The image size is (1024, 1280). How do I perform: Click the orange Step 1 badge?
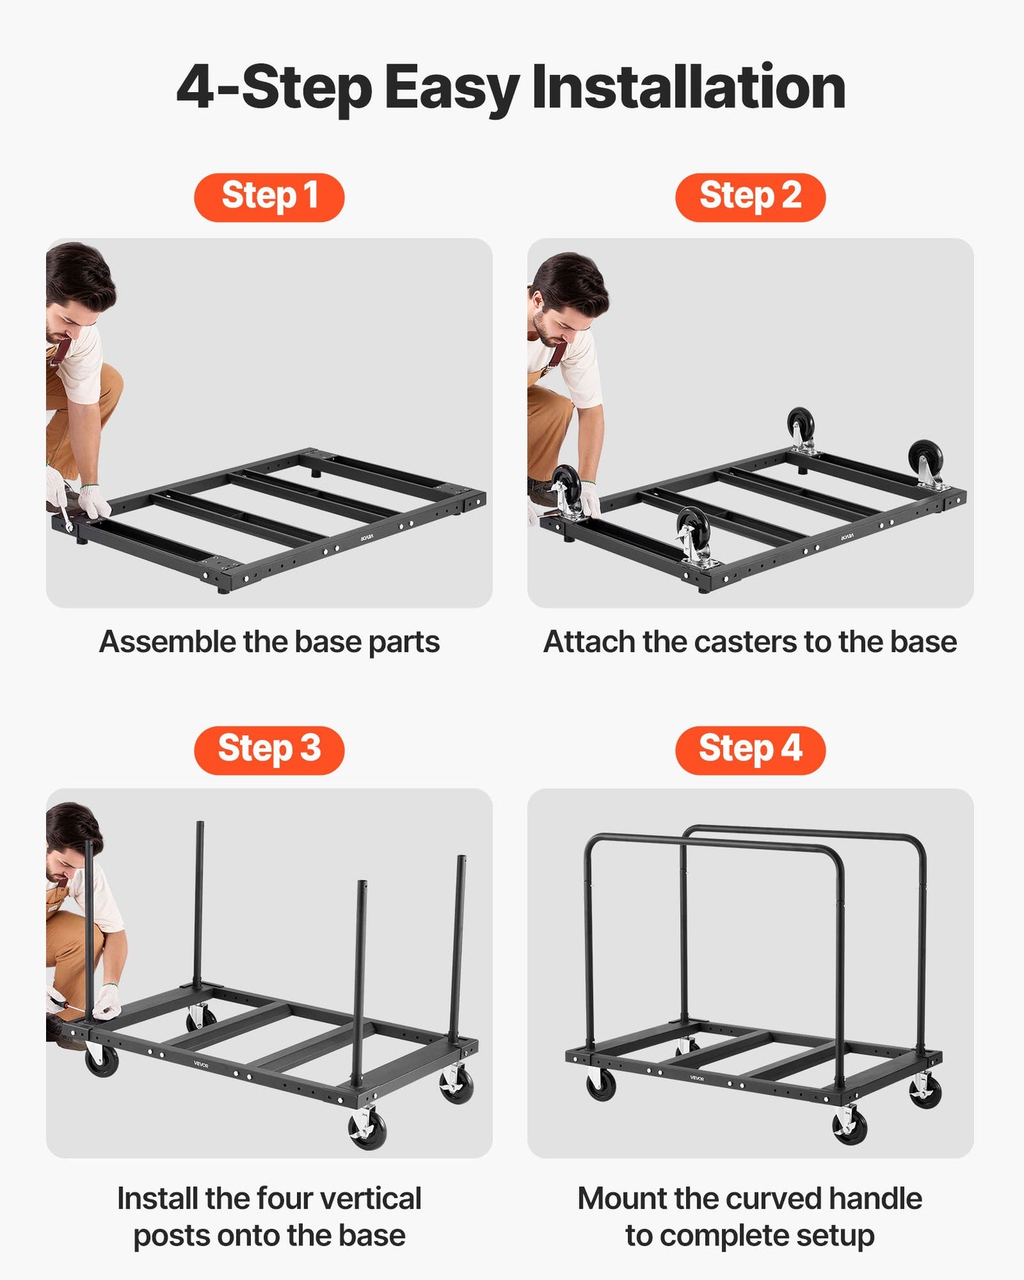pos(269,197)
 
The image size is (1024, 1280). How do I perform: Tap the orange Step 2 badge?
pos(750,197)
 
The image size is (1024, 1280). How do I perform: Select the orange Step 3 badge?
pos(269,750)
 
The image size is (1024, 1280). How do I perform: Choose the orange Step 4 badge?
pos(750,750)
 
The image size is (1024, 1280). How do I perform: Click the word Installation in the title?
pos(688,87)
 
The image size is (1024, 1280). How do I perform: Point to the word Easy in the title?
pos(451,89)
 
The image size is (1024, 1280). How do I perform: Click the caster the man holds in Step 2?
pos(567,489)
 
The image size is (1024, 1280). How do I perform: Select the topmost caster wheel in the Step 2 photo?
pos(801,425)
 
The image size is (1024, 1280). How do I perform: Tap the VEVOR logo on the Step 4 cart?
pos(697,1078)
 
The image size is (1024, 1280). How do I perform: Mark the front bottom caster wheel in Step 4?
pos(849,1125)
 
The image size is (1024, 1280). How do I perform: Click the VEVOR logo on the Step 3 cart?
pos(202,1063)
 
